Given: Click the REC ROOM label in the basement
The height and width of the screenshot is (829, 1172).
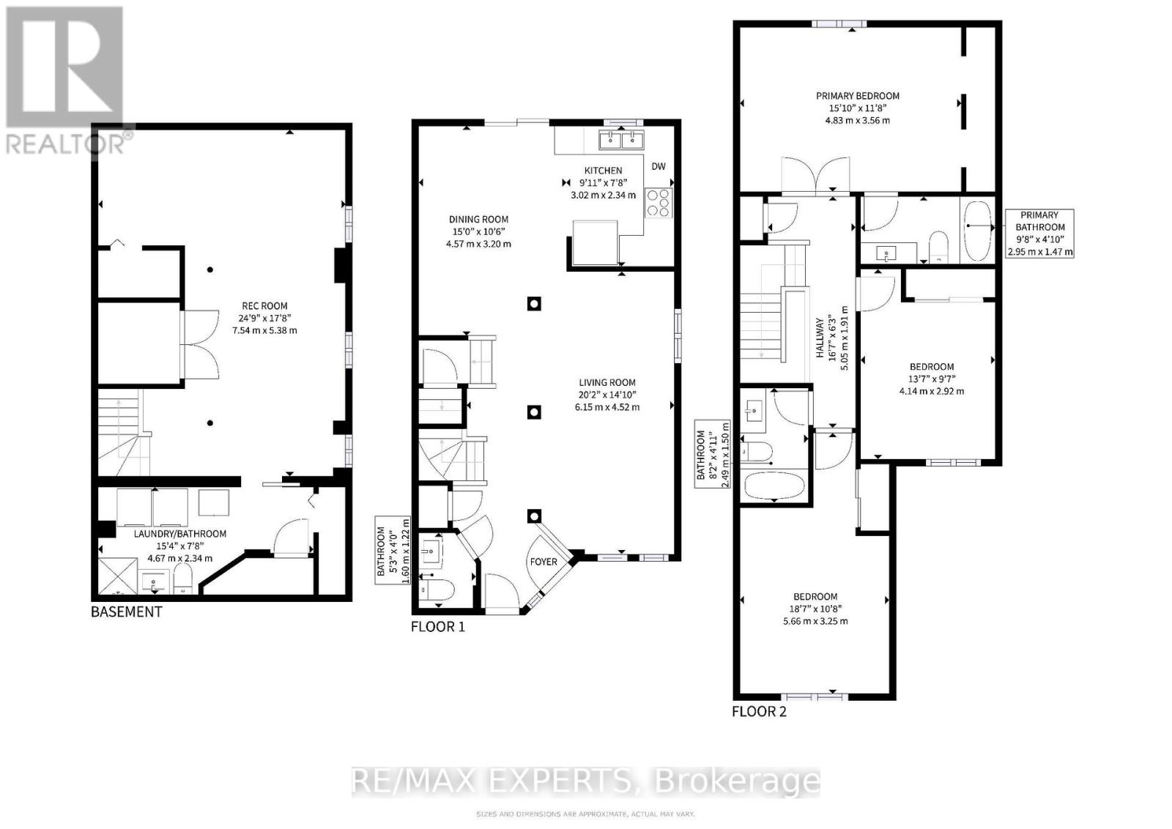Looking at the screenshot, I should tap(264, 306).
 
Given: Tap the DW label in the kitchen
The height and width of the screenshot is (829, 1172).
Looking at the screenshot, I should tap(659, 166).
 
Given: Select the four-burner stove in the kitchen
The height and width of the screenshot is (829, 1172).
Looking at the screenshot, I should tap(658, 202).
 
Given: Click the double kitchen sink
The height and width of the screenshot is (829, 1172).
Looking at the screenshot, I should tap(620, 138).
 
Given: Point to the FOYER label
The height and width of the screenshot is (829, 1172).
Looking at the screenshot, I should tap(544, 562).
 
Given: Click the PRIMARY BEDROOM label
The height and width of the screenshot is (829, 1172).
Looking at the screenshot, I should tap(858, 96).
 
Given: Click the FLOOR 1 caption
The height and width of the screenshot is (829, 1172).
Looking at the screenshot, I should tap(437, 627).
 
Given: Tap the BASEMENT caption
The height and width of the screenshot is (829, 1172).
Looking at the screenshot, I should tap(126, 611).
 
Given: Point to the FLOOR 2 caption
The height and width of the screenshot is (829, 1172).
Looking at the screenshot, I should tap(759, 711).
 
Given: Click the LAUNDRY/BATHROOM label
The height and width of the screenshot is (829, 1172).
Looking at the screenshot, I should tap(179, 534).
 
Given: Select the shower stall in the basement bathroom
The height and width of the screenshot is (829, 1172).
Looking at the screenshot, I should tap(116, 577).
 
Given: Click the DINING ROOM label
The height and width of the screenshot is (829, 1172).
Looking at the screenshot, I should tap(478, 219).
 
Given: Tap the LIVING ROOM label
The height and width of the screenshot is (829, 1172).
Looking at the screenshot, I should tap(607, 382).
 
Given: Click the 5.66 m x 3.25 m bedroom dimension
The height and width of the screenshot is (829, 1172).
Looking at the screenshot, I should tap(814, 621).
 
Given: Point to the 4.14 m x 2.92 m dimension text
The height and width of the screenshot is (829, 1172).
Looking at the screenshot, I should tap(932, 391).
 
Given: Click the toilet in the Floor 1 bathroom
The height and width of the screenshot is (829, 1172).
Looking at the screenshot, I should tap(438, 588).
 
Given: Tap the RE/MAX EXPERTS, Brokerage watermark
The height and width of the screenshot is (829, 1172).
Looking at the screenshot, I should tap(585, 781).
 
